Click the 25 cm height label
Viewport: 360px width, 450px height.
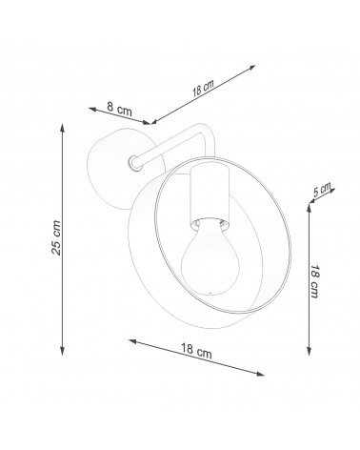[56, 237]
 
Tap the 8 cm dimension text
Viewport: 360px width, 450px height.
[119, 109]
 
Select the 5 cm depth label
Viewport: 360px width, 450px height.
[322, 190]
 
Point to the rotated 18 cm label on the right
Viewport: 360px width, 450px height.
[314, 281]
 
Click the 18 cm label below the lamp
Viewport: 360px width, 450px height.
[196, 351]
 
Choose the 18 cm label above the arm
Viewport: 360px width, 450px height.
[203, 88]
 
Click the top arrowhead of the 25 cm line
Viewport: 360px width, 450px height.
[63, 128]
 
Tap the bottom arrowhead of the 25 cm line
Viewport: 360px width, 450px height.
[63, 350]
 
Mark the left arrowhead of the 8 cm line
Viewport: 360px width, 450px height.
[92, 110]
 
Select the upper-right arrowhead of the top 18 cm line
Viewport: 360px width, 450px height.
[251, 68]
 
